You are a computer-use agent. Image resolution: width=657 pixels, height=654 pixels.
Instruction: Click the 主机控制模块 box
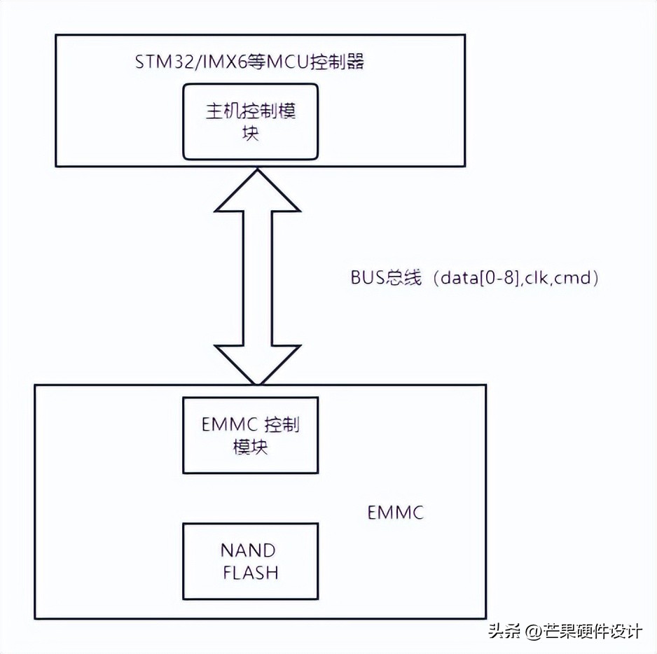(x=250, y=121)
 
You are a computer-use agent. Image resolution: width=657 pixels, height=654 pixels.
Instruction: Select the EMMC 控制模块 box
(x=250, y=436)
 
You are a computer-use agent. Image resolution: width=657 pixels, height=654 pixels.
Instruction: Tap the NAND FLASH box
(x=250, y=560)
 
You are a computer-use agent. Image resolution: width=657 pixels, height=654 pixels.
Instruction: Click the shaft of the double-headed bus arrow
(x=258, y=277)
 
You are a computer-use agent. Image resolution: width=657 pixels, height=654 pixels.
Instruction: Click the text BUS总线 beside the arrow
(x=386, y=277)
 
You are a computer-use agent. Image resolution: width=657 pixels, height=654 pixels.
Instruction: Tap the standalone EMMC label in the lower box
(x=396, y=513)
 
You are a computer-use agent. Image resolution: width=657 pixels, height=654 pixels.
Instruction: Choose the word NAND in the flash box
(x=250, y=550)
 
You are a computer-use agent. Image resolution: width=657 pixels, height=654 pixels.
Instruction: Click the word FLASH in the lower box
(x=250, y=572)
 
